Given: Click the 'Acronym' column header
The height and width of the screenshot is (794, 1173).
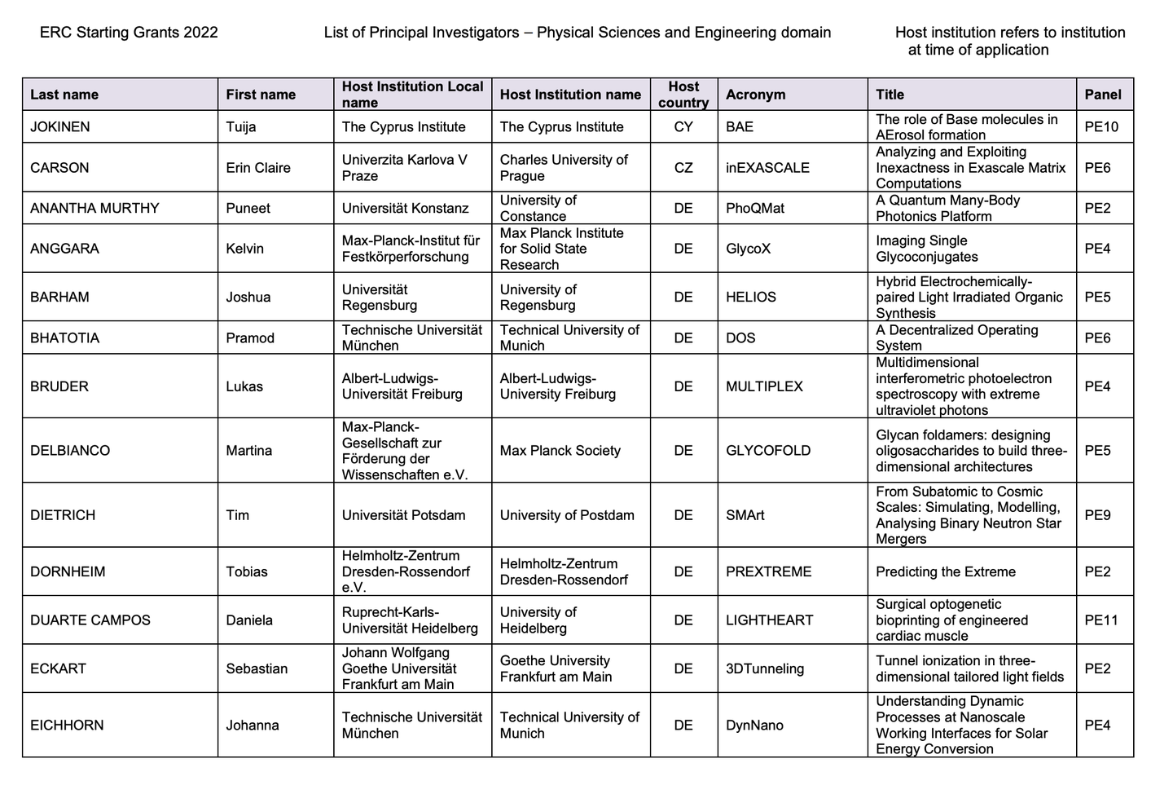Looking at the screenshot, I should [x=755, y=95].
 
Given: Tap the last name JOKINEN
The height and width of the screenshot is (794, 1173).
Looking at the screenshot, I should [x=60, y=127].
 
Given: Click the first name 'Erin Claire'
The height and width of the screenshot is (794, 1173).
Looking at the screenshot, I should [x=258, y=168].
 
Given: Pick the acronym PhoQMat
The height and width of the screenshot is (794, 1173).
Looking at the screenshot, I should [x=754, y=209].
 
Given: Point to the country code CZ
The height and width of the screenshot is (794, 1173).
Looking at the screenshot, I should [x=683, y=168].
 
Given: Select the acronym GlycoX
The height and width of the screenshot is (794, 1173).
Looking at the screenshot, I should [x=748, y=249].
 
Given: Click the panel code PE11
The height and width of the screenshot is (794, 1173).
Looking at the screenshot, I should [x=1101, y=620].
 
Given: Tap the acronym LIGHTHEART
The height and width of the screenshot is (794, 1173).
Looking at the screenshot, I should [x=769, y=620].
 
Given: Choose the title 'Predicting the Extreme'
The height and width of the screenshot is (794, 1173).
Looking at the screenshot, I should [x=945, y=572].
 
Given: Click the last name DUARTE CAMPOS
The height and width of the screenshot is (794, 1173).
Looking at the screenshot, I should [x=90, y=620].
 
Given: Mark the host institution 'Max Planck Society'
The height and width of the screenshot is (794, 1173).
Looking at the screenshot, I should [x=560, y=451].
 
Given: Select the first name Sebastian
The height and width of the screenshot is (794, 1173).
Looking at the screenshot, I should [x=257, y=669].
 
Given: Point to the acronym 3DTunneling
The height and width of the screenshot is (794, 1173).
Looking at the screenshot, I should [x=764, y=669].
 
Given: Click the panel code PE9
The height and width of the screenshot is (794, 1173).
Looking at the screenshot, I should [x=1097, y=515].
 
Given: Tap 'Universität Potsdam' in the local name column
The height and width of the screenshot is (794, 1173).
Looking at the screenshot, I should [x=403, y=515].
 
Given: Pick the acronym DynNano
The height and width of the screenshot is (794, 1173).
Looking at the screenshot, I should [x=754, y=726].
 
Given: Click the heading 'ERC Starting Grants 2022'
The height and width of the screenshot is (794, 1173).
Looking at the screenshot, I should [x=129, y=33].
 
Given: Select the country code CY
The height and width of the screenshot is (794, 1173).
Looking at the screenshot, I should [x=683, y=127].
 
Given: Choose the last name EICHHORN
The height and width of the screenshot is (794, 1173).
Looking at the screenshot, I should [x=67, y=726].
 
